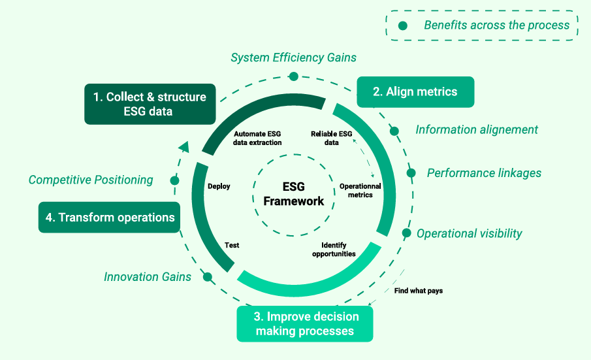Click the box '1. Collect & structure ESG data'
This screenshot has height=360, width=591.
150,104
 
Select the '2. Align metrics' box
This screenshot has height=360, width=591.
415,91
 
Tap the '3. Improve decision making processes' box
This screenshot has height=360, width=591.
304,323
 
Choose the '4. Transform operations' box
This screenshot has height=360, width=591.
110,218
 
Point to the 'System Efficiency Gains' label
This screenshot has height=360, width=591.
293,57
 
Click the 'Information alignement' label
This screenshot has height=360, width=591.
477,129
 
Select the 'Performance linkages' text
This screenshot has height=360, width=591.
484,173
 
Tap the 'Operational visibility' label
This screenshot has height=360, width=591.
469,233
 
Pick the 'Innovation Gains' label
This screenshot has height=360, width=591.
148,277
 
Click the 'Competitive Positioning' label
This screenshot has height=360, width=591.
91,180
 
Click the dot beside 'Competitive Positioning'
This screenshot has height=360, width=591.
174,180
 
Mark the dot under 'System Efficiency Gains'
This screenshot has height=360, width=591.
294,76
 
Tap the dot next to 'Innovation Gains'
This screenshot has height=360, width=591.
208,277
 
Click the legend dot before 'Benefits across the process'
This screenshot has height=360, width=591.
403,25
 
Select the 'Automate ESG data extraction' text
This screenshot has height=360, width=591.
257,138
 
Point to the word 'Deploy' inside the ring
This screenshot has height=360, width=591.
219,186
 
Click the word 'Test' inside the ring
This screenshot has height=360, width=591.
232,245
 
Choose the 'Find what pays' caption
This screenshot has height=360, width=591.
418,291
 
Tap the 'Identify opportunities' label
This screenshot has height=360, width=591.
334,250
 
